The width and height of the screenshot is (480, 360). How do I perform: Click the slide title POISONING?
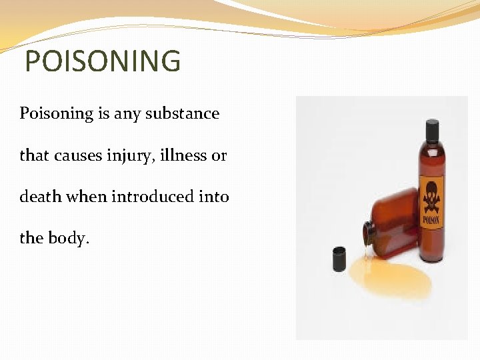[102, 61]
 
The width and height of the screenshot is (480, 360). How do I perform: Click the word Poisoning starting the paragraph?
[56, 113]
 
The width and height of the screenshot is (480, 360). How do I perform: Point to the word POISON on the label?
[431, 219]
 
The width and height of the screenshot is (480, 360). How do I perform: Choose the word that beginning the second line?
[33, 156]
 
